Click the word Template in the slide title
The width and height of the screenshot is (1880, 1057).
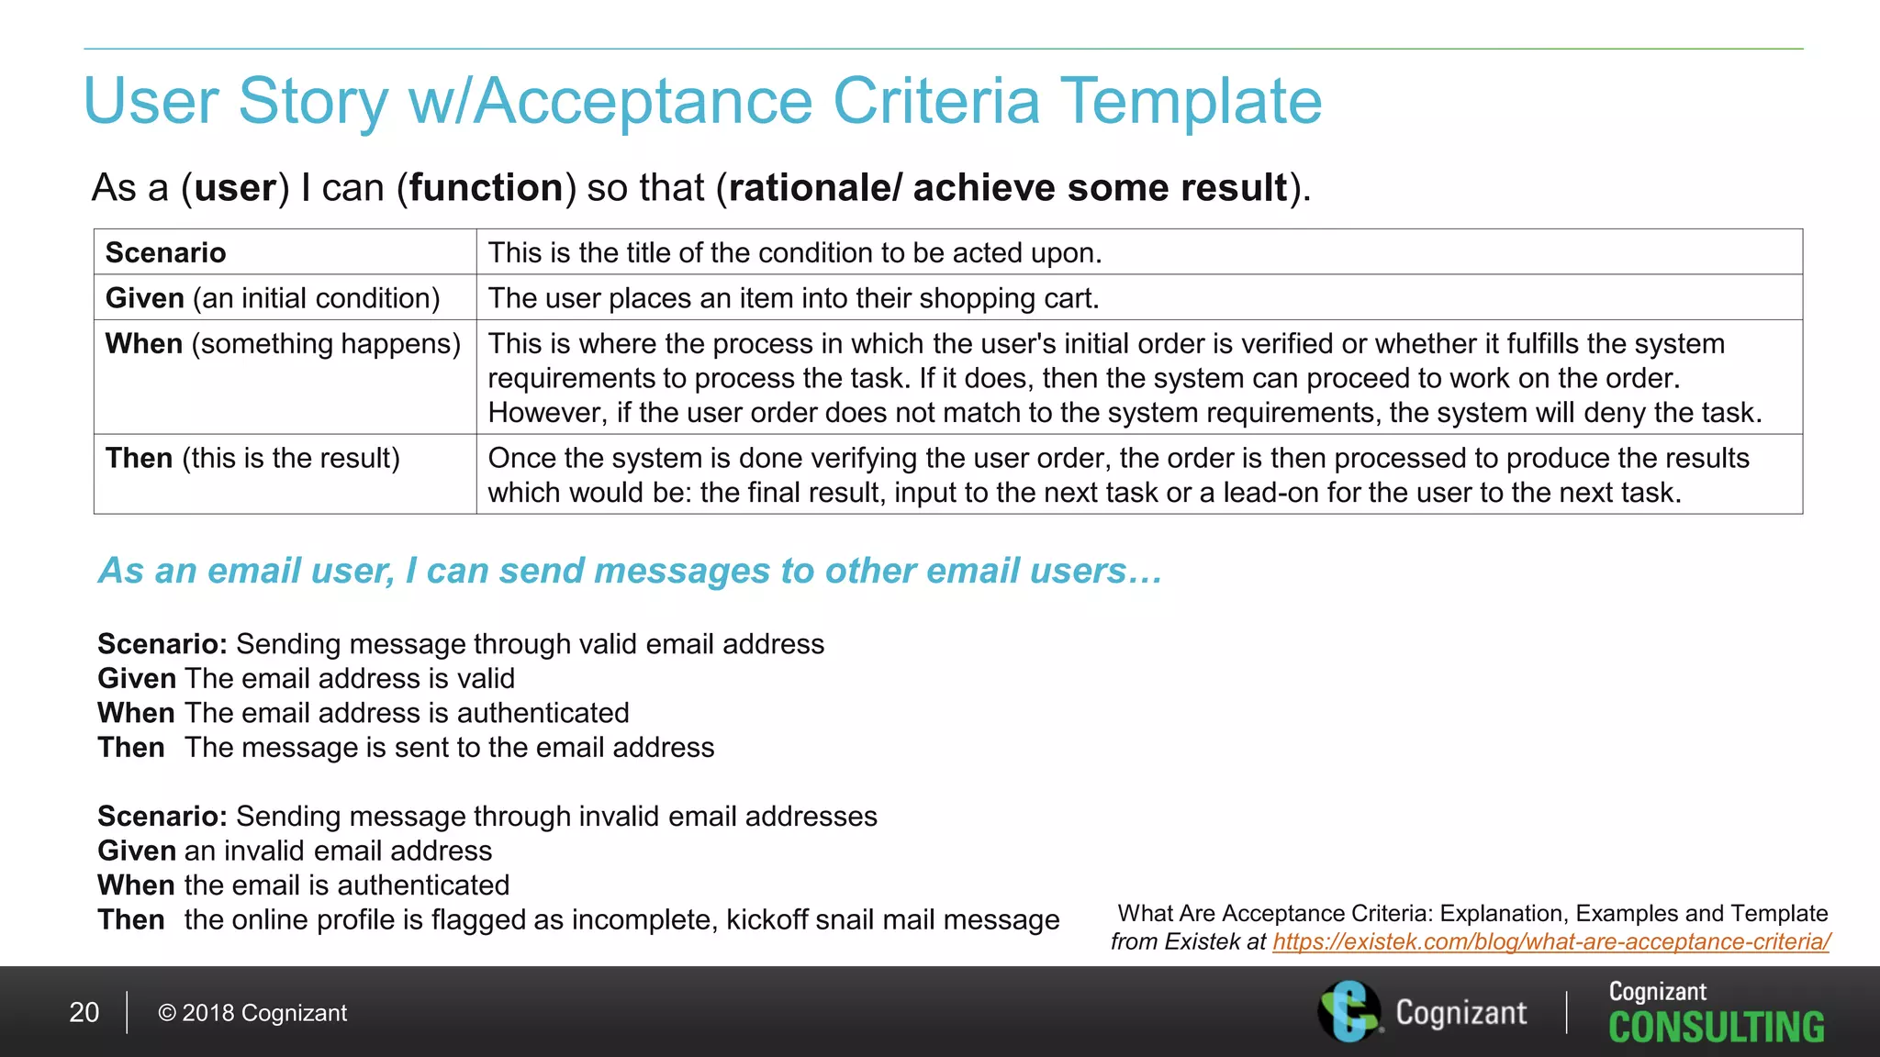pyautogui.click(x=1191, y=101)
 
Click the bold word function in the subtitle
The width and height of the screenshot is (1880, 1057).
pyautogui.click(x=486, y=188)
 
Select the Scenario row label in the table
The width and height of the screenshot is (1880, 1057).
pyautogui.click(x=166, y=252)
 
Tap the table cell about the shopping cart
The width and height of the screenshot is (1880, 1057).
pyautogui.click(x=793, y=298)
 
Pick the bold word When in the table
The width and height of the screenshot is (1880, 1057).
pyautogui.click(x=144, y=344)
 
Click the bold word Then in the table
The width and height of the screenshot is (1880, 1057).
pyautogui.click(x=139, y=458)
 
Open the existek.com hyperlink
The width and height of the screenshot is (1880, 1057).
pyautogui.click(x=1550, y=941)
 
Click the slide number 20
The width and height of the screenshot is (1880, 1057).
pyautogui.click(x=84, y=1012)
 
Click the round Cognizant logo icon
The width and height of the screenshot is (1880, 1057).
pyautogui.click(x=1348, y=1011)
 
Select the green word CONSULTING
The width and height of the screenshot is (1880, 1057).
pyautogui.click(x=1716, y=1028)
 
